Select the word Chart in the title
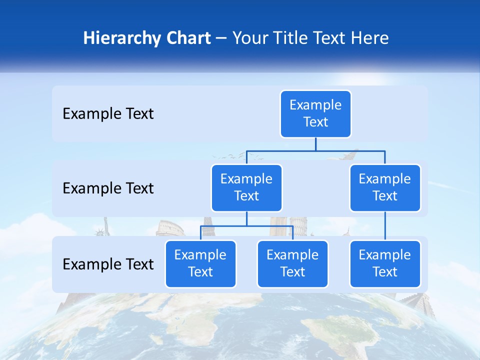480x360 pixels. (x=187, y=38)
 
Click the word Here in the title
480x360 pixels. (x=370, y=38)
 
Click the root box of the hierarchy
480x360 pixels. (x=315, y=114)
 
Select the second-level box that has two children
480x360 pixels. (x=246, y=187)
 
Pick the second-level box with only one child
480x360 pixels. (x=385, y=187)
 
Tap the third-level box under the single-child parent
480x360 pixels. (x=385, y=263)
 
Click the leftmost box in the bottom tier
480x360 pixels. (x=200, y=263)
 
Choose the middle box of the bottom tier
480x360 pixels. (x=292, y=263)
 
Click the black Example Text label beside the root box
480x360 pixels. (x=108, y=114)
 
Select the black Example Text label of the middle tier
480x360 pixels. (x=108, y=188)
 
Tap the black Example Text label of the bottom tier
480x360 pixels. (x=108, y=264)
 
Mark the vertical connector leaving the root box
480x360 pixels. (x=315, y=144)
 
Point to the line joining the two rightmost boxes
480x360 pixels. (x=385, y=226)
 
